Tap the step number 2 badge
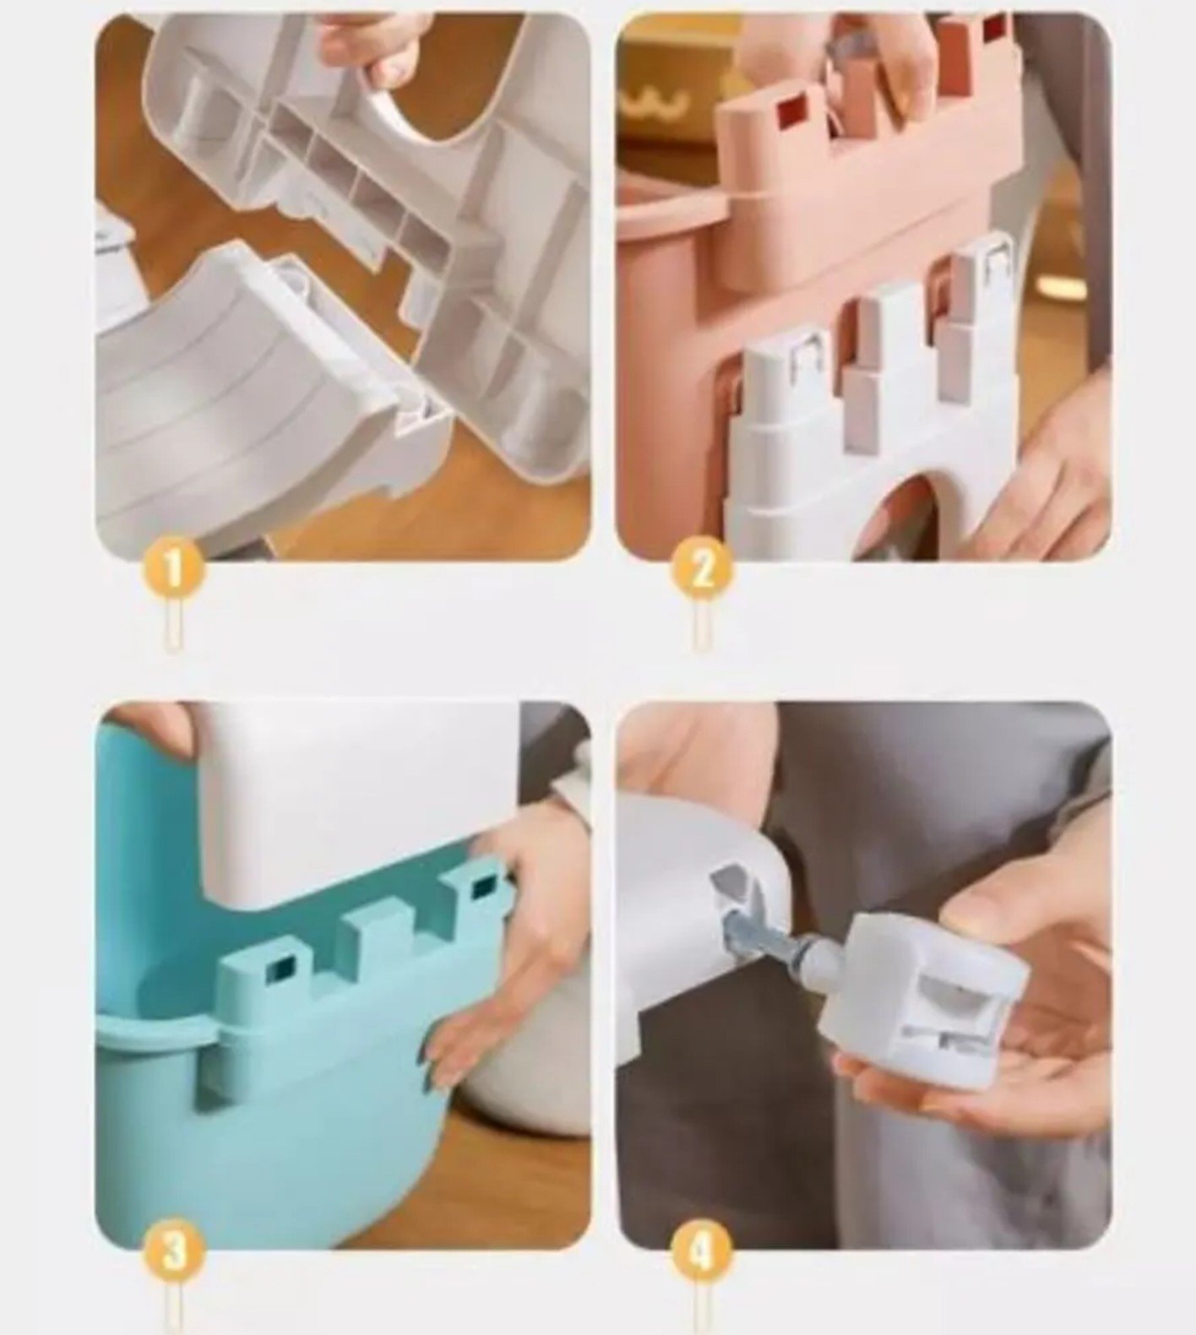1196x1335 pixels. tap(703, 569)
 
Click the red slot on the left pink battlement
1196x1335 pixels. tap(794, 111)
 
